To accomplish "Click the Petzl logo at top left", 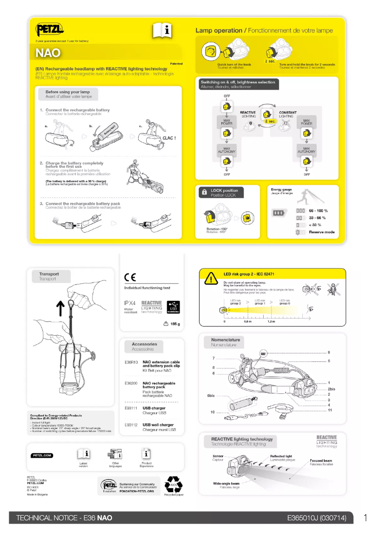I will click(49, 30).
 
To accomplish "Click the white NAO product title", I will click(48, 53).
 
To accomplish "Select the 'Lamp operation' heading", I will click(219, 31).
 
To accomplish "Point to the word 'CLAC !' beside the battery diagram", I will click(168, 138).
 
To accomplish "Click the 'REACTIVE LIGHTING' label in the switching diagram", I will click(248, 114).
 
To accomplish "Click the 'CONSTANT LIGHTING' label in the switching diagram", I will click(288, 114).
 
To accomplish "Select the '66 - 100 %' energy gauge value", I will click(318, 211).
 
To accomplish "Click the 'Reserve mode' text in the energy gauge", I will click(322, 232).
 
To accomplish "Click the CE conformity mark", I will click(130, 277).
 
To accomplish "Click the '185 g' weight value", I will click(175, 324).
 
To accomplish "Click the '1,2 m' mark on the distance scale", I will click(271, 322).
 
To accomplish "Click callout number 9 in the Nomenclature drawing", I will click(329, 353).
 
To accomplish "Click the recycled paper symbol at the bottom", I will click(173, 484).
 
